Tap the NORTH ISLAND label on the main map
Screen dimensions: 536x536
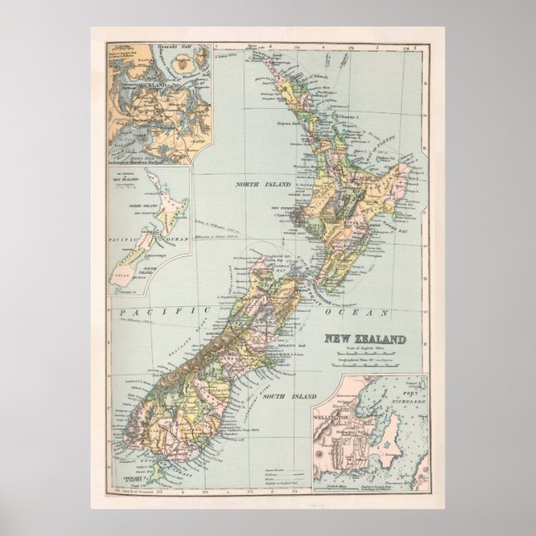tap(261, 184)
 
